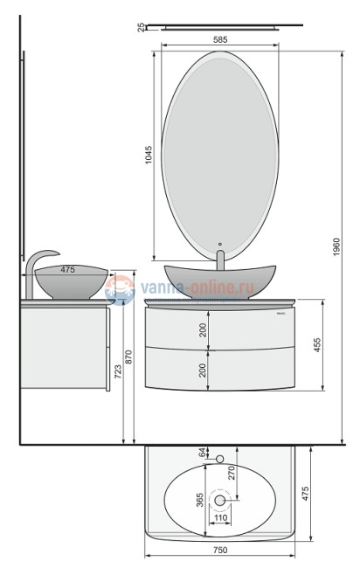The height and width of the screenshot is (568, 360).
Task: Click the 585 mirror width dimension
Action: [x=220, y=39]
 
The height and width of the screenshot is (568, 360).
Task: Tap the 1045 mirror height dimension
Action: [x=149, y=155]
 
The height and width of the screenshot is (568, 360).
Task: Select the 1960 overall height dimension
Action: [x=336, y=247]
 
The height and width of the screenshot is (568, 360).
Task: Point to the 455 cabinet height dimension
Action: [x=317, y=345]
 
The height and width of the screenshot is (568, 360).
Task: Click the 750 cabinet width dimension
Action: [x=220, y=550]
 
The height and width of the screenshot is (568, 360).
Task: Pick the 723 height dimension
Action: [x=118, y=371]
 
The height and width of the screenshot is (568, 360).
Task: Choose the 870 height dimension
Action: [x=129, y=357]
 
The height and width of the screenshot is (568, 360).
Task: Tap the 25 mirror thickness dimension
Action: [x=141, y=27]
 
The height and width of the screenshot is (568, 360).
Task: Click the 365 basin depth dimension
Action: [x=199, y=500]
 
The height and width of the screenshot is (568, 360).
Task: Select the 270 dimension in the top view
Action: [x=232, y=473]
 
